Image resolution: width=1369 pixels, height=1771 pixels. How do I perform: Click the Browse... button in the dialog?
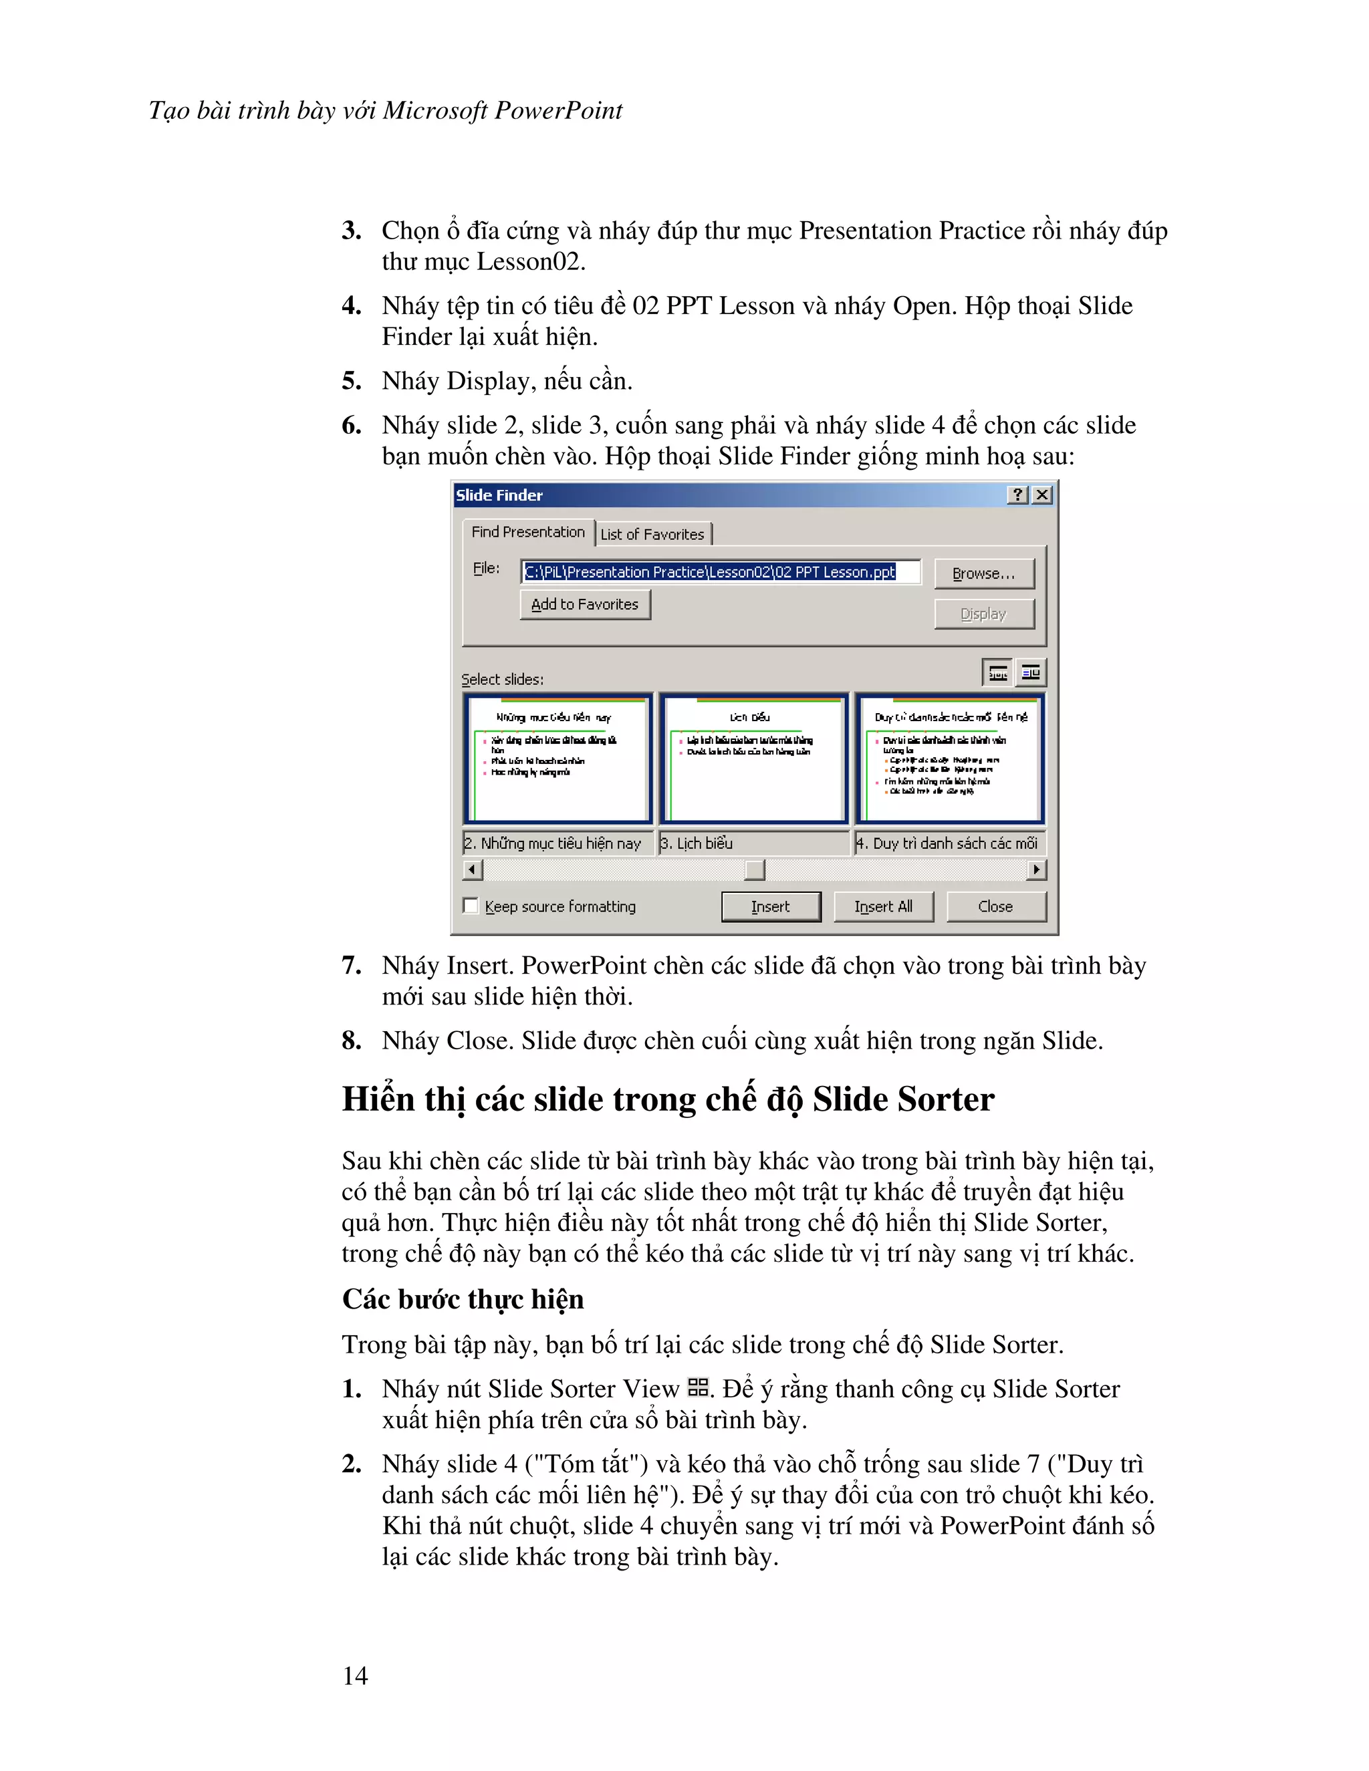click(984, 573)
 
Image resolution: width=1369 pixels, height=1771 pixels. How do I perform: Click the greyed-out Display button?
click(984, 614)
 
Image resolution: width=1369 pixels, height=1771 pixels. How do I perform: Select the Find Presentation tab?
click(528, 532)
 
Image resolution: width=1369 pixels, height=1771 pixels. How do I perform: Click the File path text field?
click(720, 571)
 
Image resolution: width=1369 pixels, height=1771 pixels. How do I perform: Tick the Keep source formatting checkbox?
click(471, 906)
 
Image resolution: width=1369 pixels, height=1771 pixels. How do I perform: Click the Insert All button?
click(883, 907)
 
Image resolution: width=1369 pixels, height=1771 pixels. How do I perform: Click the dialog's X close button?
click(1043, 495)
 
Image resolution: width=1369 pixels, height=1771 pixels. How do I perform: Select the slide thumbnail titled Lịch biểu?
click(753, 759)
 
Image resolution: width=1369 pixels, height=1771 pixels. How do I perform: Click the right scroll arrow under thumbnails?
click(1035, 869)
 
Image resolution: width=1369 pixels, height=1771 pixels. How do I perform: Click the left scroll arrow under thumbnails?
click(473, 869)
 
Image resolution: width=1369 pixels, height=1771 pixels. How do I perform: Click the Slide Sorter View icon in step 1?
click(697, 1387)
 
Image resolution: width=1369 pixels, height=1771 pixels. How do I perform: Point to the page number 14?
click(355, 1675)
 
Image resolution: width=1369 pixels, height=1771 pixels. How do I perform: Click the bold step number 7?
click(350, 966)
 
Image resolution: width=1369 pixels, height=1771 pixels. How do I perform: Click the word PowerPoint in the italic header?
click(558, 110)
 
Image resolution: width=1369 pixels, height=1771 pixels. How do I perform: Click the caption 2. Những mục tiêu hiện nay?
click(557, 843)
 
